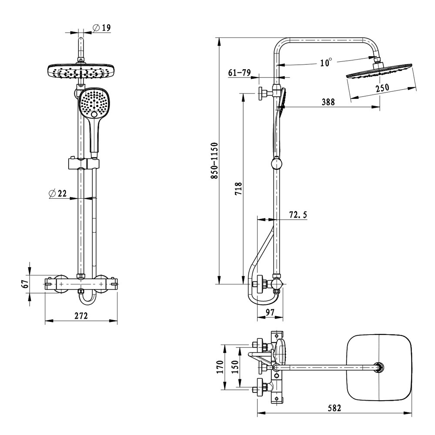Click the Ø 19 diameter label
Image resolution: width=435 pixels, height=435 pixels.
coord(102,28)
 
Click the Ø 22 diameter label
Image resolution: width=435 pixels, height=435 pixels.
coord(58,194)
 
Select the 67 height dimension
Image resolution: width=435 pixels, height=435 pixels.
coord(26,284)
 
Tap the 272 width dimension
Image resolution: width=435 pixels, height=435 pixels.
coord(81,316)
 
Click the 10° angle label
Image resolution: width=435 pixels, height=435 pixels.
coord(326,63)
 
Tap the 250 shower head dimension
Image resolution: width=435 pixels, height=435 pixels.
coord(382,87)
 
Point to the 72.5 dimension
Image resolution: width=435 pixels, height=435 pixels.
coord(298,214)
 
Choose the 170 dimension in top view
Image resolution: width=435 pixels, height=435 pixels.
coord(220,367)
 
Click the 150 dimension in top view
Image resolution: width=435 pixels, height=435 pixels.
coord(234,367)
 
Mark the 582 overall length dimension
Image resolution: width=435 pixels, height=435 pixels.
coord(334,408)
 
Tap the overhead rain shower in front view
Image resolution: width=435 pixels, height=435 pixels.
coord(81,71)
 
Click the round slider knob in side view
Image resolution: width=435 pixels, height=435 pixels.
coord(276,164)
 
